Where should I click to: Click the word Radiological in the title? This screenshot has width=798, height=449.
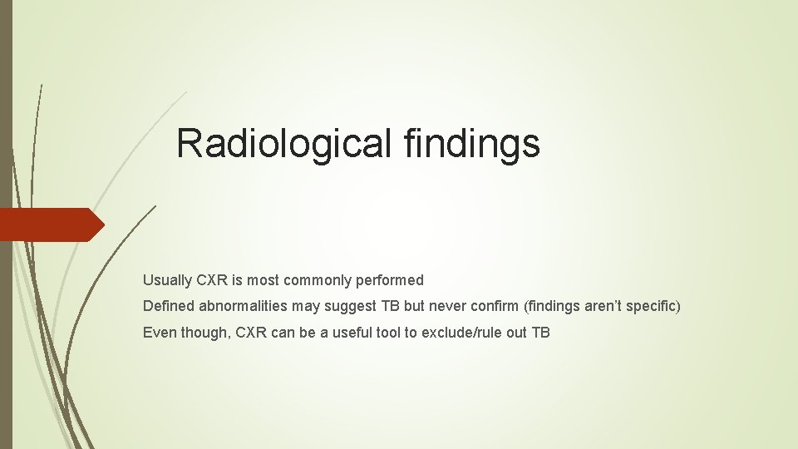click(284, 143)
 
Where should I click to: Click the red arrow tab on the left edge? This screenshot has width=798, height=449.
click(51, 224)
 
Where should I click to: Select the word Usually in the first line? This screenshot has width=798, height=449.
click(166, 280)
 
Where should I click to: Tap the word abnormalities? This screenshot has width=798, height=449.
click(244, 307)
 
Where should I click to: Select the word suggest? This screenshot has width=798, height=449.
click(351, 307)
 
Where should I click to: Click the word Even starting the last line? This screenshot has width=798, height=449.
click(158, 333)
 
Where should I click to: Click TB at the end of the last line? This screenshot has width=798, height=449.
click(540, 333)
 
